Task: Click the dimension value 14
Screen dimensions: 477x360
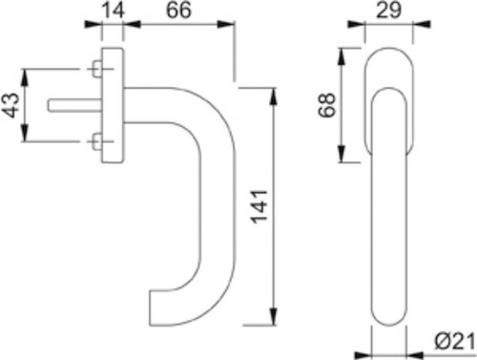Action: coord(114,11)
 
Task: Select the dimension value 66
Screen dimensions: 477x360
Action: coord(178,10)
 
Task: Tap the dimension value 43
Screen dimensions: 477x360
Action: coord(10,105)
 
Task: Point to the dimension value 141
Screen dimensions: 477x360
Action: coord(259,206)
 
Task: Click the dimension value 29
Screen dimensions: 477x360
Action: coord(388,10)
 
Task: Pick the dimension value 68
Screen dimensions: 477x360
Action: coord(326,105)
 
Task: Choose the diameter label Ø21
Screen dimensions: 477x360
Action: coord(455,342)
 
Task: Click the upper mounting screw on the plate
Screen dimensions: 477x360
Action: coord(97,69)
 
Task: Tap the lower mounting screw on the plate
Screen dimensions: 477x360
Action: coord(97,141)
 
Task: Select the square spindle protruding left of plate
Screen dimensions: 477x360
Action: coord(75,105)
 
